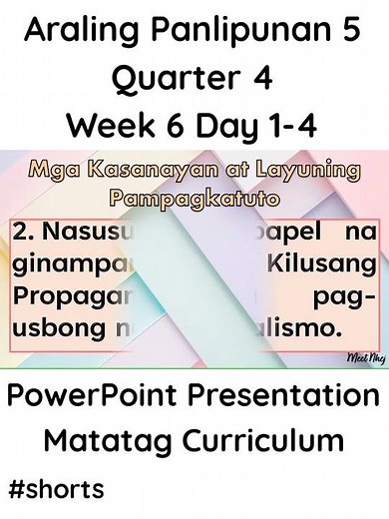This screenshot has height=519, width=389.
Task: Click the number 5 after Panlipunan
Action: coord(351,32)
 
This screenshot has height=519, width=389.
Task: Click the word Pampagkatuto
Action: coord(194,197)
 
